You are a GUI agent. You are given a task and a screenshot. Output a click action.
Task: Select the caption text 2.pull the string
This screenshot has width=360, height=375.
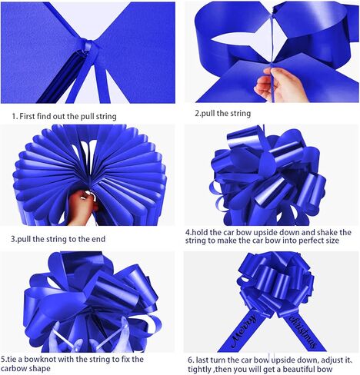coord(222,113)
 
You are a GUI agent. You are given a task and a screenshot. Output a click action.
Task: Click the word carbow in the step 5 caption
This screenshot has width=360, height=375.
coord(18,368)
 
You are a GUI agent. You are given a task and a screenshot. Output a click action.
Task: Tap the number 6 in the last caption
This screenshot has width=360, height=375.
coord(189,358)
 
